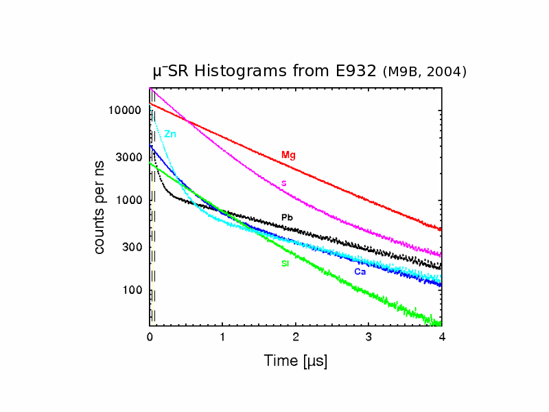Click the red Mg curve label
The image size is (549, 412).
tap(288, 155)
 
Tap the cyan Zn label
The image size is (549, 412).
tap(170, 134)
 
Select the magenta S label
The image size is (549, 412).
tap(283, 183)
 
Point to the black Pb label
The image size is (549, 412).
tap(288, 218)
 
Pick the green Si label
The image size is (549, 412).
tap(285, 264)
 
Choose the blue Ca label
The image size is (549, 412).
tap(360, 272)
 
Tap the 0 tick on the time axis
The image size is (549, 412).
tap(150, 338)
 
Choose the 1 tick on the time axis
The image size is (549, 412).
tap(222, 338)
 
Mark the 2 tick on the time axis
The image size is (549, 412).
tap(296, 338)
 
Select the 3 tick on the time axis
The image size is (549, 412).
tap(369, 338)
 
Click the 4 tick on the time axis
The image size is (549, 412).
tap(442, 338)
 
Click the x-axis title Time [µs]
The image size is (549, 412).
tap(296, 360)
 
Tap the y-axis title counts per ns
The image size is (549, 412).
tap(100, 214)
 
